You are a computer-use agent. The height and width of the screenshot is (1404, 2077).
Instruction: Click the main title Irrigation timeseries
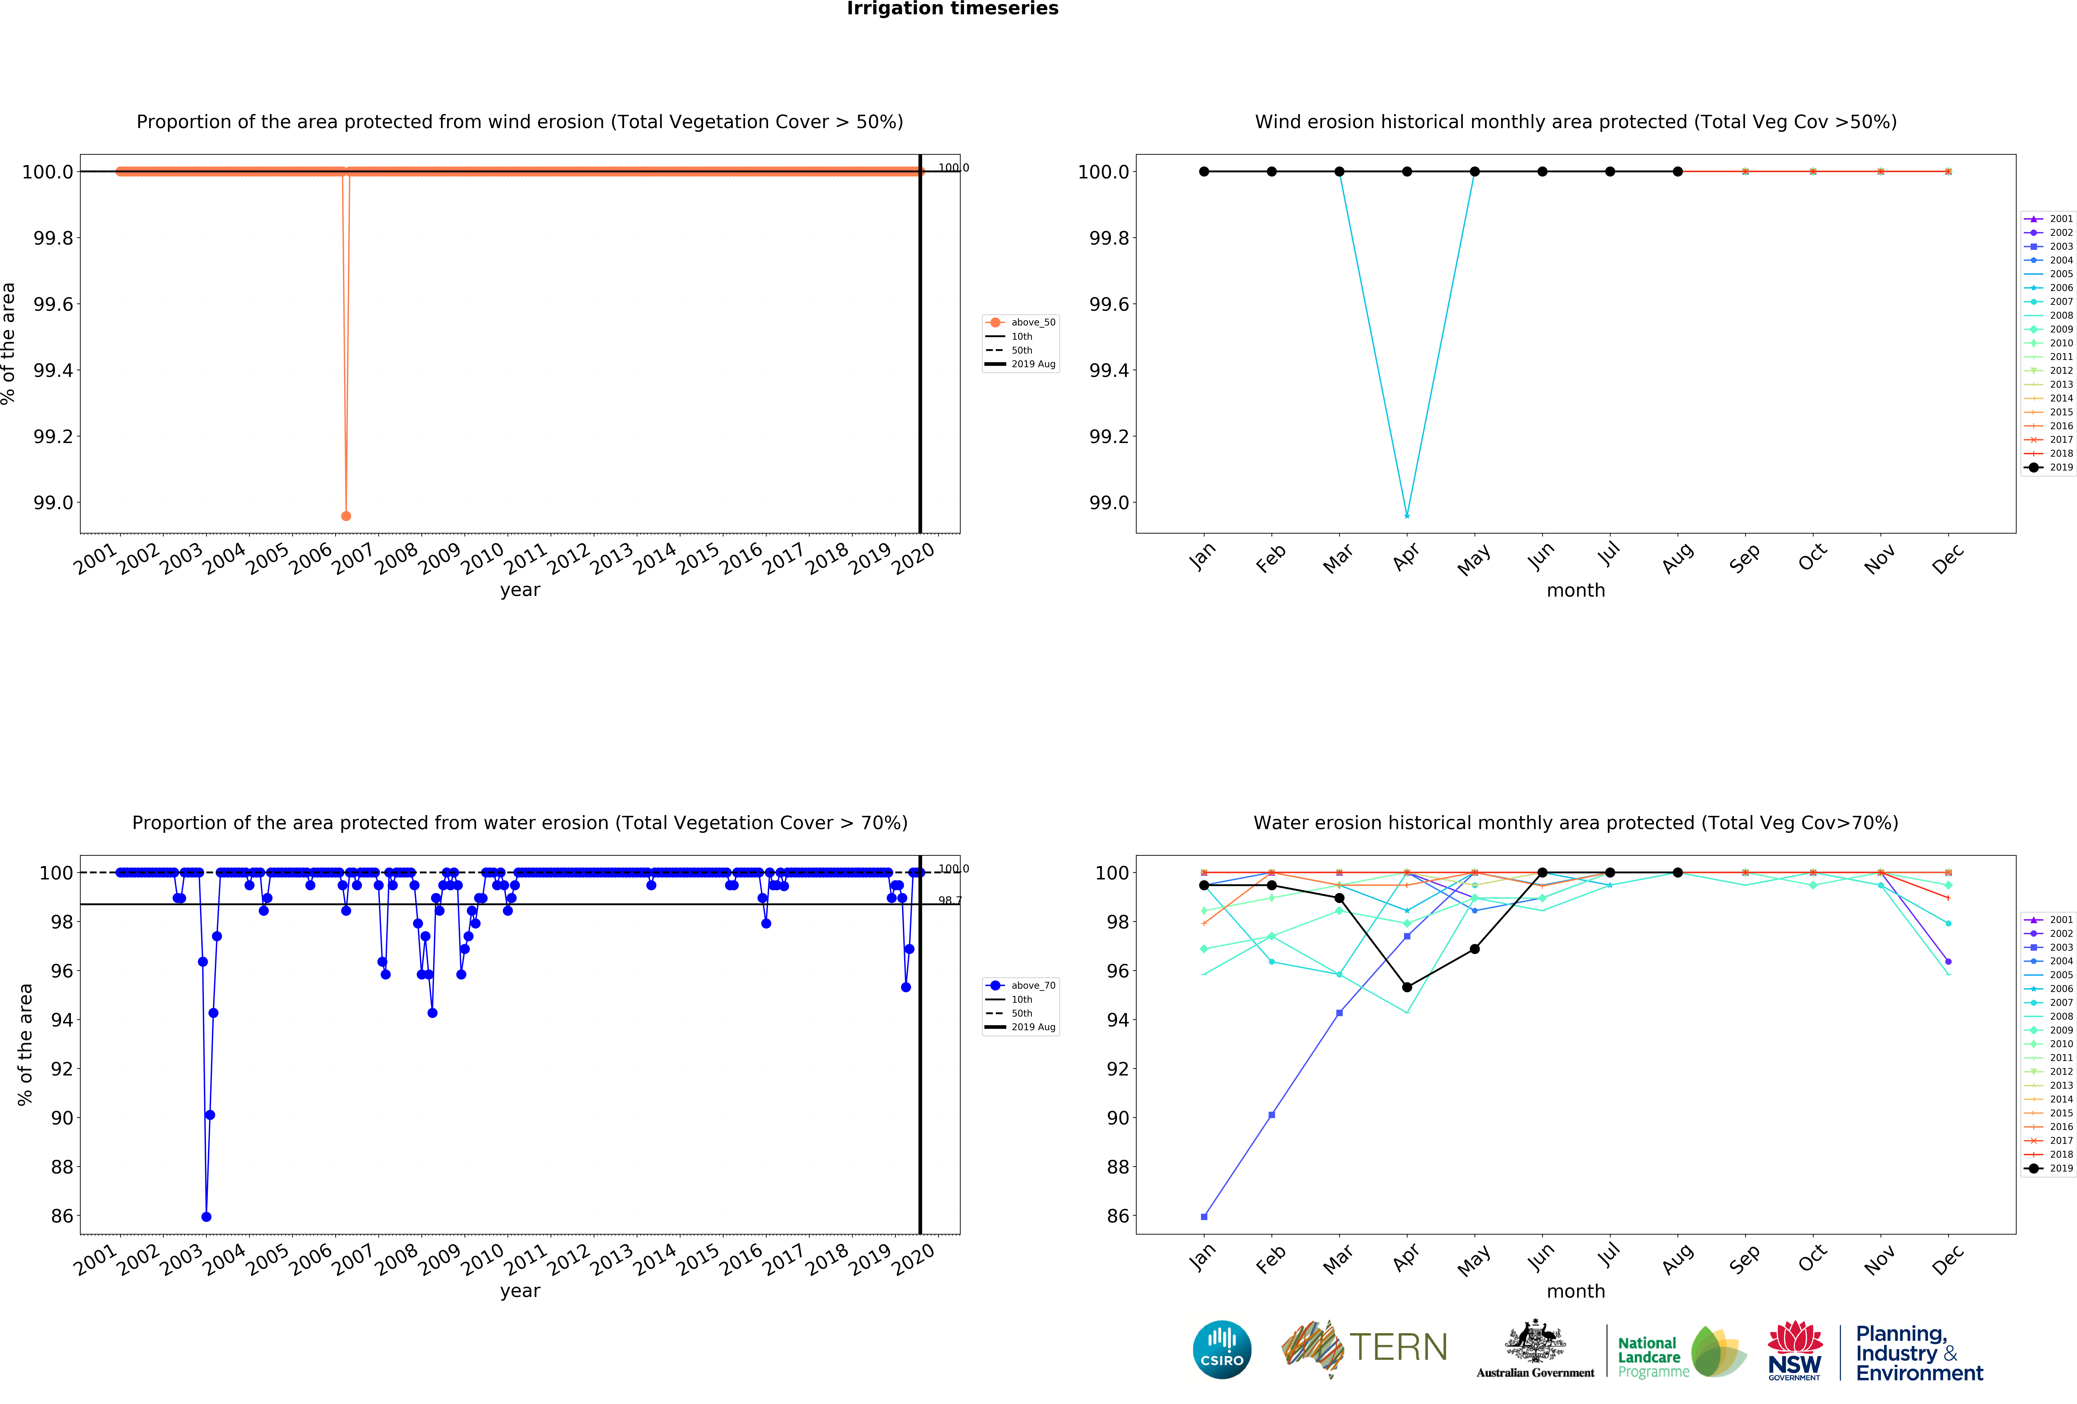tap(952, 9)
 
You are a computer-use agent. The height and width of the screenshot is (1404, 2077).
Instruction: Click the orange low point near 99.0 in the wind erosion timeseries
tap(346, 516)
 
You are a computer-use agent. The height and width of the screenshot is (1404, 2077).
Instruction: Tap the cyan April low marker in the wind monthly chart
tap(1407, 516)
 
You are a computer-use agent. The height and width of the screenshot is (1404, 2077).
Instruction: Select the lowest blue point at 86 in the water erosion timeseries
tap(207, 1216)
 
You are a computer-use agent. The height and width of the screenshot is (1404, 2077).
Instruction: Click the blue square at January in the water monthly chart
tap(1204, 1216)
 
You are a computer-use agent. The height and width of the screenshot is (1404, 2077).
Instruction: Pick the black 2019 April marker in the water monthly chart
tap(1407, 987)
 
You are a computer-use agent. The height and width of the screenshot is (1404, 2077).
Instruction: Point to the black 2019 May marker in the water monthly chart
tap(1475, 949)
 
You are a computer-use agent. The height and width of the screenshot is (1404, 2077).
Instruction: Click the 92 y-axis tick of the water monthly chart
tap(1117, 1069)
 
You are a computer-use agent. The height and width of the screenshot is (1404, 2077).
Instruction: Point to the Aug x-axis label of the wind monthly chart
tap(1678, 557)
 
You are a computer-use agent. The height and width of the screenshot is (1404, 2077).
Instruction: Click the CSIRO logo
tap(1222, 1350)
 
